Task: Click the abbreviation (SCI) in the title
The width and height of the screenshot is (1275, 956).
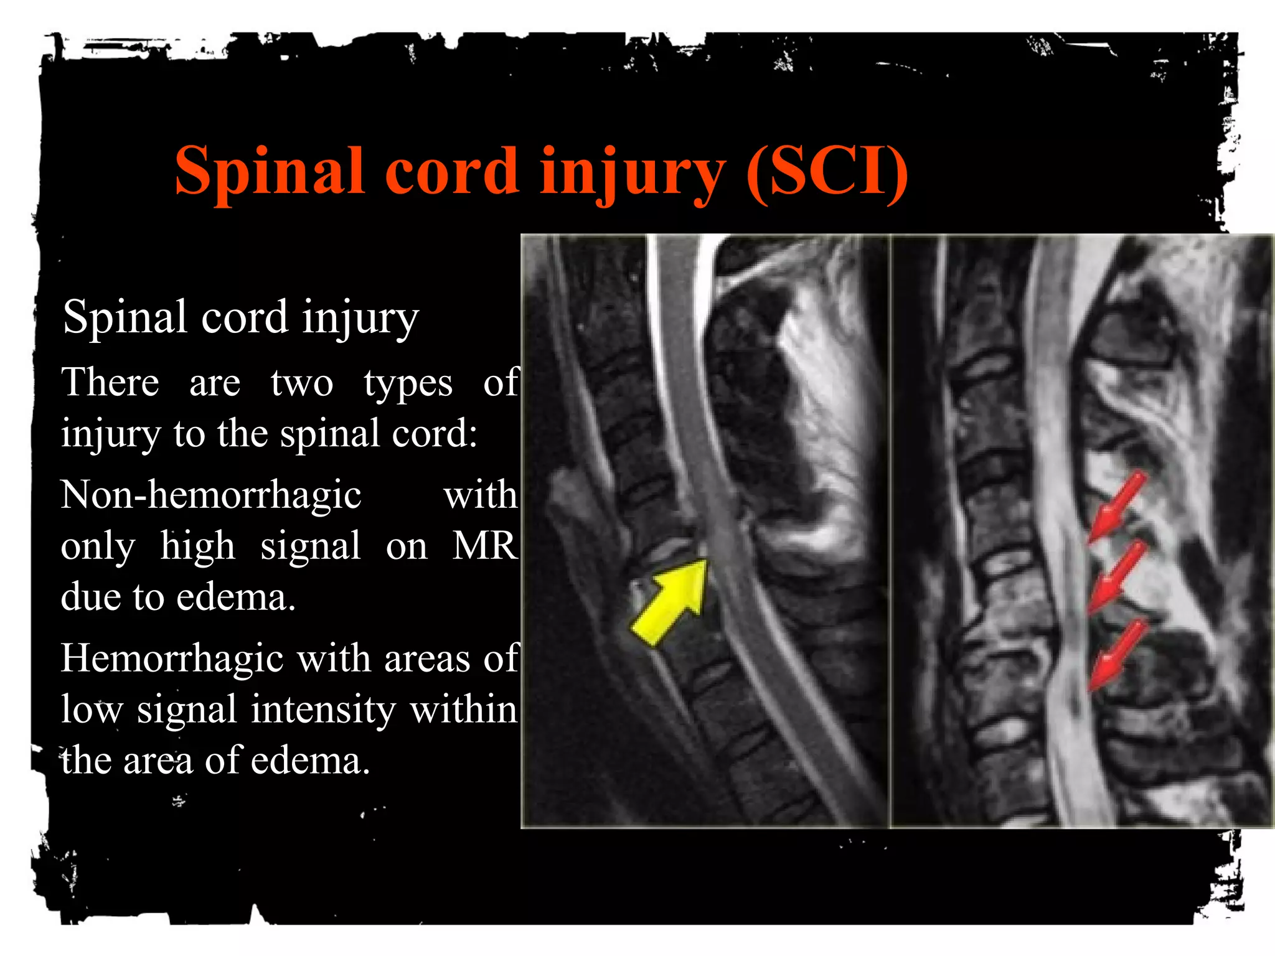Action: (827, 171)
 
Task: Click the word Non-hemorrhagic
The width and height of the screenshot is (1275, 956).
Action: (211, 495)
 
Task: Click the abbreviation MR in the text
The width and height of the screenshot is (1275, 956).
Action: (485, 546)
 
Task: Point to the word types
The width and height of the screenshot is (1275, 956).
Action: (408, 385)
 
